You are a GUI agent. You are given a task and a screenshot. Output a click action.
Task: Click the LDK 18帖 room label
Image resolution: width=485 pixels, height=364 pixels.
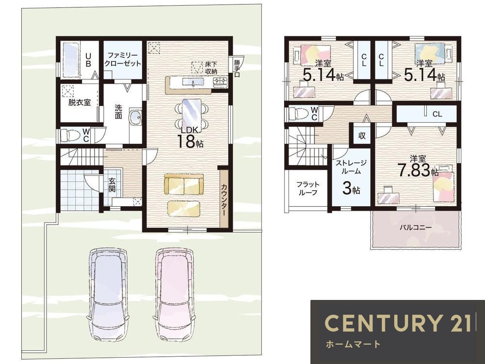coord(190,137)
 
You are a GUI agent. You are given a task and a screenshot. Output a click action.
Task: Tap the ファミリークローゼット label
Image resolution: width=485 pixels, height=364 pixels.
coord(123,59)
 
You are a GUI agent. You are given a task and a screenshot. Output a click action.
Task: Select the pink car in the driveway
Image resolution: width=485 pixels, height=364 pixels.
coord(175,294)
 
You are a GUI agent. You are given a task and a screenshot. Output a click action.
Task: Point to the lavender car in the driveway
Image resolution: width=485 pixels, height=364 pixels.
coord(108,294)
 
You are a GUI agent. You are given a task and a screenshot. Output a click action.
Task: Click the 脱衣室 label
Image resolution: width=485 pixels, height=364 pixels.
coord(80,102)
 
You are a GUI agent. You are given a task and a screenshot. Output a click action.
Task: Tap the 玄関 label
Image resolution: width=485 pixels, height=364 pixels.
coord(112,184)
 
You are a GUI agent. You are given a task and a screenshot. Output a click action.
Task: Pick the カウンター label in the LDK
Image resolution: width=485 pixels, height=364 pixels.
coord(224,200)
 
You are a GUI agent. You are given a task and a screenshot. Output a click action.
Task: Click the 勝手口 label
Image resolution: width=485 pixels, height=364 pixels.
coord(237,68)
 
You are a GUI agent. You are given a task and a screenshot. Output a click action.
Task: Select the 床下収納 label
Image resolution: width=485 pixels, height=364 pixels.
coord(211,68)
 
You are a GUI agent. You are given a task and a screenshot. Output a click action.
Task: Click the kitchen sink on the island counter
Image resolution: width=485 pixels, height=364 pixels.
coord(193,82)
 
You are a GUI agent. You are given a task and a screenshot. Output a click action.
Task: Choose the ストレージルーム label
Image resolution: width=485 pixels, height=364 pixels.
coord(351,167)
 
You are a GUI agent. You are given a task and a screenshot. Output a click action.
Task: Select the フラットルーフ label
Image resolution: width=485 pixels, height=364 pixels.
coord(308,188)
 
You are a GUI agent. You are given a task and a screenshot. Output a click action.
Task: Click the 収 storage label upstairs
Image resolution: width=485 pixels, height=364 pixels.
coord(362,135)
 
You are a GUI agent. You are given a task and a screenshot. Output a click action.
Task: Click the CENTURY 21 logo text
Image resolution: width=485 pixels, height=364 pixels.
coord(398,323)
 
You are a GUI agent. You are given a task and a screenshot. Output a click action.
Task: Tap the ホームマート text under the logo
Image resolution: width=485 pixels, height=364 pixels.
coord(353,344)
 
